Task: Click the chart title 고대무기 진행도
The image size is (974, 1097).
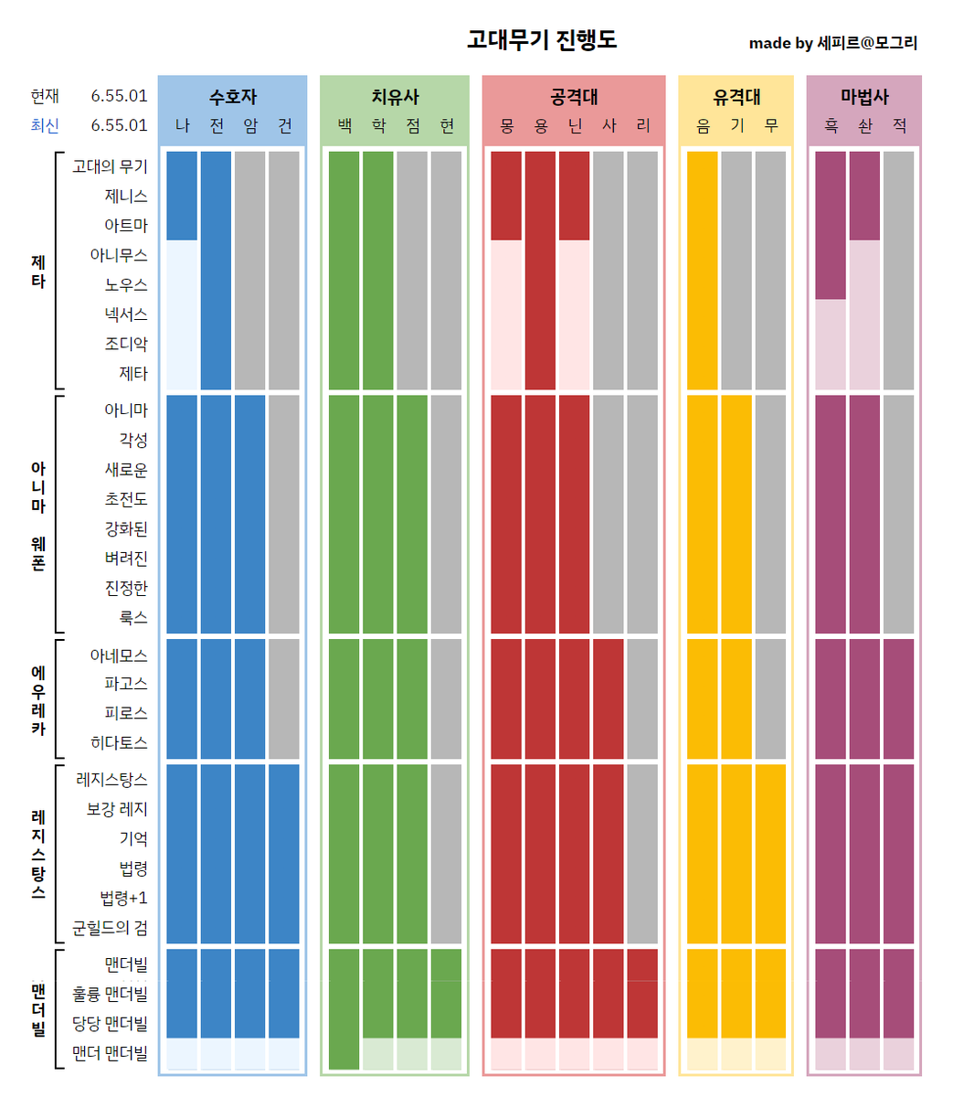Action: coord(542,39)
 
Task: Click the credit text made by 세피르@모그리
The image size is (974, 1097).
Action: coord(832,43)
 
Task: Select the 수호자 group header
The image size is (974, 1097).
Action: coord(233,97)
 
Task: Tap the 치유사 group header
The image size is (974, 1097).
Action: coord(395,97)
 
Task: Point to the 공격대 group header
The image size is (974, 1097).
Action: coord(574,97)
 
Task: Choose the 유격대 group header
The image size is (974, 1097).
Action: coord(736,97)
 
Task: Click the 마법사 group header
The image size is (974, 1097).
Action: coord(864,97)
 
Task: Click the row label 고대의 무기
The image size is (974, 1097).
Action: coord(110,166)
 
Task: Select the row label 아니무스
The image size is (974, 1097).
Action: coord(118,255)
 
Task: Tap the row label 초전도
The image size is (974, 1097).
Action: coord(125,499)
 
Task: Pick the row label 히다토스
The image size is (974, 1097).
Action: coord(118,743)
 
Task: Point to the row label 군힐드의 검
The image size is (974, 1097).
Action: coord(110,928)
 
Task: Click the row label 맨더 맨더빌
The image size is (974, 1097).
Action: coord(110,1053)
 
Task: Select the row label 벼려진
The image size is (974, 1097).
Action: coord(125,559)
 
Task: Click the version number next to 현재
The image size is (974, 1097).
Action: coord(119,96)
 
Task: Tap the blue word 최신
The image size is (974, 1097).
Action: coord(45,125)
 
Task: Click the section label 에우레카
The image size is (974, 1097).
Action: coord(38,700)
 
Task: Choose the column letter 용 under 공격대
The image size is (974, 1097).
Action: coord(541,126)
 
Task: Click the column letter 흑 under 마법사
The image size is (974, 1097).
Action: coord(831,126)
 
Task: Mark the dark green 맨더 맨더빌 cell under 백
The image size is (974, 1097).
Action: coord(344,1053)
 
